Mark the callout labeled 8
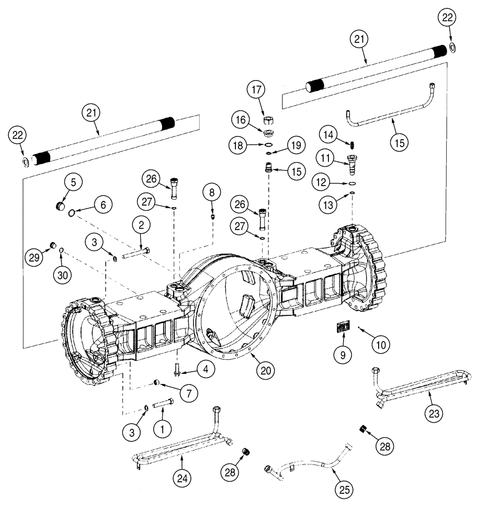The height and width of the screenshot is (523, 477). point(212,193)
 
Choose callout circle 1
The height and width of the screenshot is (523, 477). point(163,429)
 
